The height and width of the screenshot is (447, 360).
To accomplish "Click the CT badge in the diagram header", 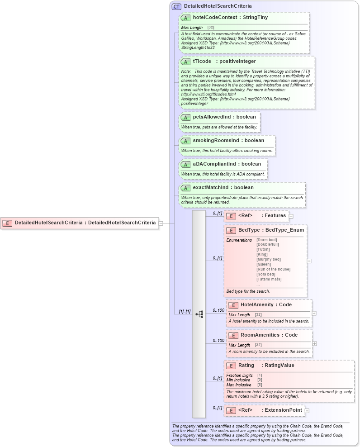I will point(176,6).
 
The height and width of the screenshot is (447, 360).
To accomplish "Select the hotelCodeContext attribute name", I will point(211,18).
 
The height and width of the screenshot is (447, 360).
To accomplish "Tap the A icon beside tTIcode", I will point(185,62).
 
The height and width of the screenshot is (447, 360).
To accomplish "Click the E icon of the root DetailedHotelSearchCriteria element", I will point(7,223).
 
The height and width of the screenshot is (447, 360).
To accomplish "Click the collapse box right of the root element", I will point(161,223).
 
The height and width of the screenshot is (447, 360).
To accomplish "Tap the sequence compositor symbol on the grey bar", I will point(199,314).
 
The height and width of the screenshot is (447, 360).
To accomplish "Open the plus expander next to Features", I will point(291,216).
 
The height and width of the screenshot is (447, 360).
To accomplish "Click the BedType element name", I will point(249,230).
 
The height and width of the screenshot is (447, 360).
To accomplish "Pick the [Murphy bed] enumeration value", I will point(269,259).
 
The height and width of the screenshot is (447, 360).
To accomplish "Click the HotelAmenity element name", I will point(257,305).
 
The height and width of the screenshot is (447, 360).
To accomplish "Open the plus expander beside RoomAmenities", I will point(314,343).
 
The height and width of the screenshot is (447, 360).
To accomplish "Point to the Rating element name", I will point(246,365).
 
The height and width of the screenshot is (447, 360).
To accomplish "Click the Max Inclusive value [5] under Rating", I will point(260,385).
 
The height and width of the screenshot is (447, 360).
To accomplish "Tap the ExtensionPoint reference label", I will point(284,410).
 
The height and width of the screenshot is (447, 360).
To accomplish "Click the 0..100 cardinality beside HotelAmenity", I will point(218,310).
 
